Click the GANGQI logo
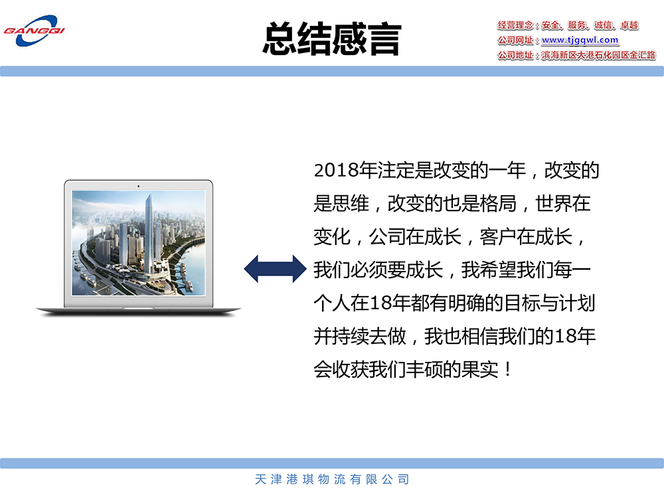(34, 31)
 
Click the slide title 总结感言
(332, 39)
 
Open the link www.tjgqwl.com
(580, 41)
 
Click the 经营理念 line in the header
(568, 25)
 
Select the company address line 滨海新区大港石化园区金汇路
(598, 55)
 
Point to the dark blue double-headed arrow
(276, 269)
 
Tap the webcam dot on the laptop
(138, 186)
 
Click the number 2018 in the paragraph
(336, 170)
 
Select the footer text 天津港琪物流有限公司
(332, 479)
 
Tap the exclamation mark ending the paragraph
(507, 369)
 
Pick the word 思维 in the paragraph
(351, 203)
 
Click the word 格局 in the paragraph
(498, 203)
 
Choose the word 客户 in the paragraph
(498, 236)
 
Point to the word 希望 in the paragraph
(498, 270)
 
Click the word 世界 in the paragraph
(554, 203)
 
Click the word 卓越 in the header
(629, 25)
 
